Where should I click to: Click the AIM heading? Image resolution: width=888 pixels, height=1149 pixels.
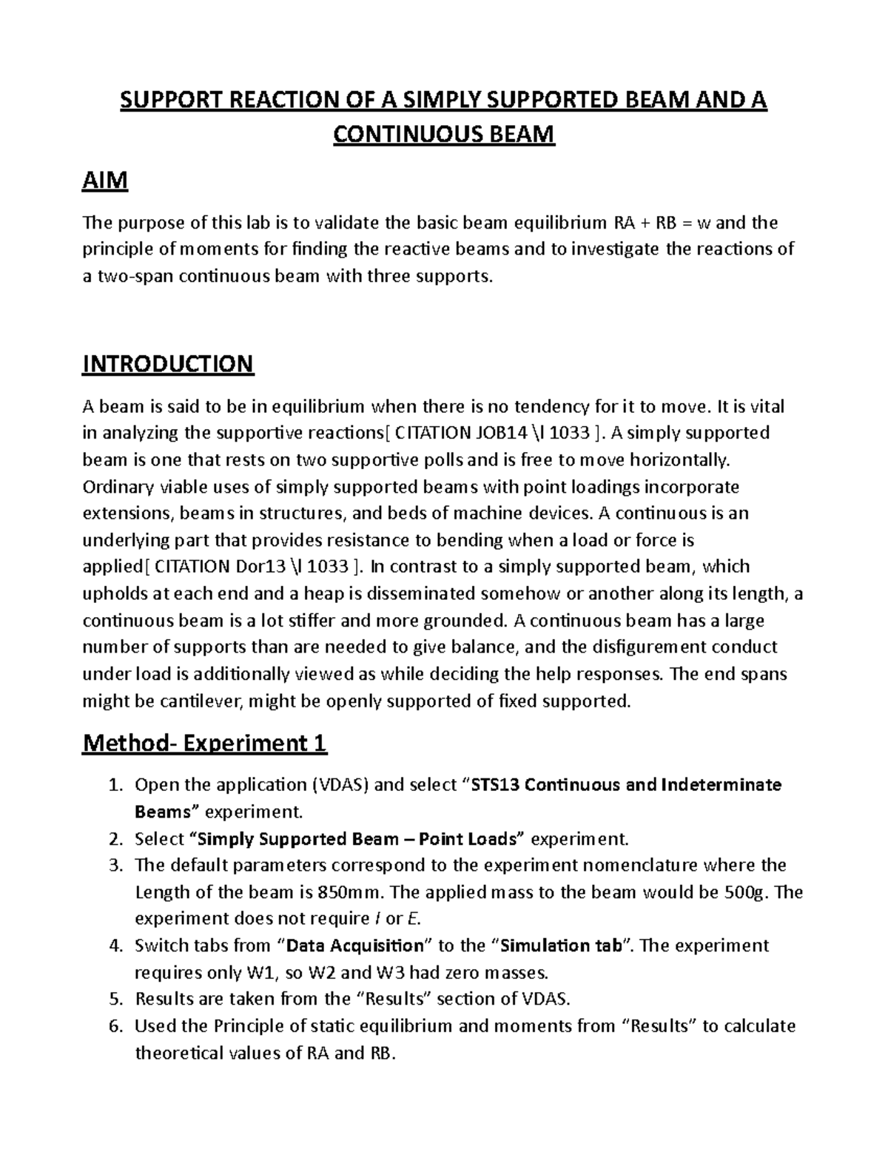pos(105,181)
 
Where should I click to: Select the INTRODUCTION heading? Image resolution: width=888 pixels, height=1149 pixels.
pos(168,364)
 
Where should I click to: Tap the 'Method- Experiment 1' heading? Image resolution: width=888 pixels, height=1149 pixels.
pos(204,743)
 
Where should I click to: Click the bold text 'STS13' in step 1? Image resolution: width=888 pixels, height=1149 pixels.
pos(499,785)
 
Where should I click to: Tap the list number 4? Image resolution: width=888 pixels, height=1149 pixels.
pos(114,946)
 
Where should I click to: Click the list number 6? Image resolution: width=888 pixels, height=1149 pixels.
pos(114,1026)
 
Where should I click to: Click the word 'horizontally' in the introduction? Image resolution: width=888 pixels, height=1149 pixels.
pos(679,460)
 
